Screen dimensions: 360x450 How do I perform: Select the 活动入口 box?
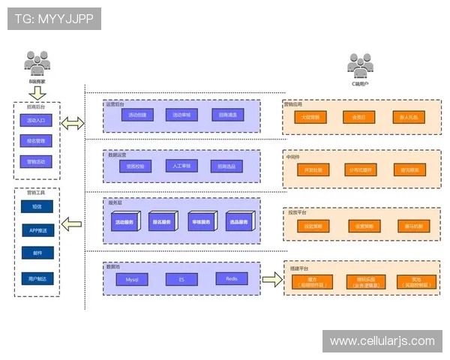click(x=37, y=120)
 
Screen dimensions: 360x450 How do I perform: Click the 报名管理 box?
click(x=37, y=140)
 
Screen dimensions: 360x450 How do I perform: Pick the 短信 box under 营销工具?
click(x=37, y=206)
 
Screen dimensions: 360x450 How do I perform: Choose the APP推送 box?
click(x=37, y=230)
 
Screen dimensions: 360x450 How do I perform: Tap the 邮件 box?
click(x=37, y=254)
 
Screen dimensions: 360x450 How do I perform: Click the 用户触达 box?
click(x=37, y=278)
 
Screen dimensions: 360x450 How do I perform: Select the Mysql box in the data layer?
click(x=132, y=279)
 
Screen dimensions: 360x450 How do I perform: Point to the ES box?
click(x=181, y=279)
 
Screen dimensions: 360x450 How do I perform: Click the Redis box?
click(x=231, y=279)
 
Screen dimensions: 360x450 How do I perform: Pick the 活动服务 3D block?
click(x=124, y=222)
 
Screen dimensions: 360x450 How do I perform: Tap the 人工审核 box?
click(x=181, y=166)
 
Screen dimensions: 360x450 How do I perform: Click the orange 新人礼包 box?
click(x=412, y=118)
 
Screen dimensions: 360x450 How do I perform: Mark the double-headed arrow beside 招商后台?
click(x=73, y=123)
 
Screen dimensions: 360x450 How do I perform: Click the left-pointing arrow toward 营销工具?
click(x=73, y=223)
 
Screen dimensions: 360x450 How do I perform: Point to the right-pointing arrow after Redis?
click(x=271, y=279)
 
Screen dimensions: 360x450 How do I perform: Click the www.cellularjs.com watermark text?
click(x=382, y=341)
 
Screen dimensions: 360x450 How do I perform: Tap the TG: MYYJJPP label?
click(x=55, y=18)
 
